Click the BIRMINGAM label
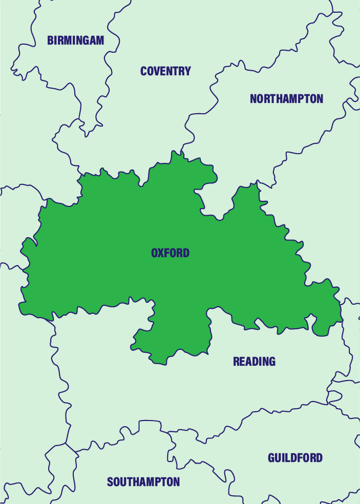(x=75, y=40)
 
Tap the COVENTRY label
(x=165, y=71)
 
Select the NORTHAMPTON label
(x=286, y=99)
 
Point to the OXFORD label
(x=170, y=253)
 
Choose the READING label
(x=254, y=362)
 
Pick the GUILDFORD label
(x=295, y=458)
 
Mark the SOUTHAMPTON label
(x=143, y=482)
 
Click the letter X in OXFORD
(x=161, y=253)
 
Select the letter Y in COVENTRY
(x=188, y=71)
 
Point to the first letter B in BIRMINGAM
(x=50, y=40)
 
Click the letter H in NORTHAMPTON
(x=281, y=99)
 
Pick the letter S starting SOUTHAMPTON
(x=110, y=482)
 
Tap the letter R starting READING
(x=236, y=362)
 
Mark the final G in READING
(x=272, y=362)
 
